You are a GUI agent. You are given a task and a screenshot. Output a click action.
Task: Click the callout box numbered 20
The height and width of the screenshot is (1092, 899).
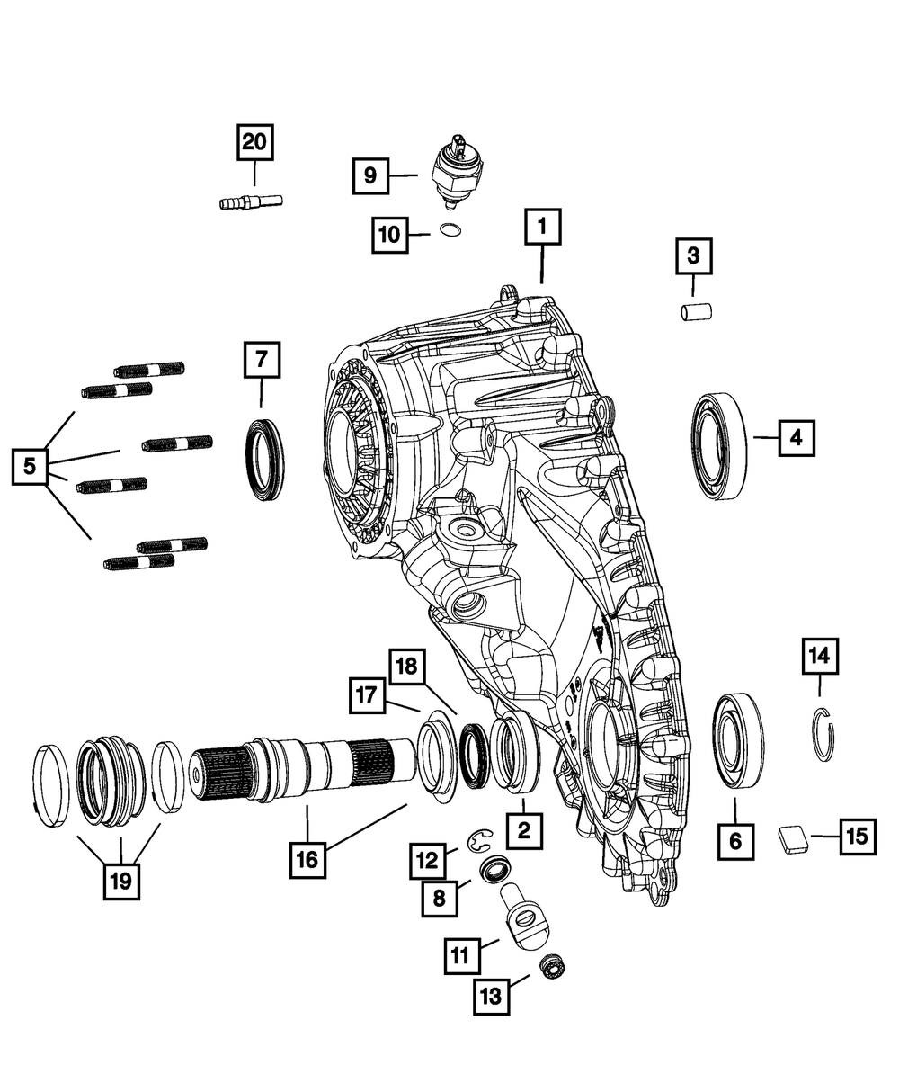click(254, 142)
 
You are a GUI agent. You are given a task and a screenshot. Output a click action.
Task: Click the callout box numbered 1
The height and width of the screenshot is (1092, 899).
click(542, 228)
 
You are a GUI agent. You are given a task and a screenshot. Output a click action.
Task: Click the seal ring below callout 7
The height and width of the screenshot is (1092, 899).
click(265, 460)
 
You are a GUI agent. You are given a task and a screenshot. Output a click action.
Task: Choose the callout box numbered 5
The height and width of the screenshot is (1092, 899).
click(31, 466)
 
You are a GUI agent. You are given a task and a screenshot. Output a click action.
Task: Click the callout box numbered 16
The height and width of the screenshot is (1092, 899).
click(307, 859)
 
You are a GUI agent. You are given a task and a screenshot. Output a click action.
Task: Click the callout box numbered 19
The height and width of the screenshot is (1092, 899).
click(120, 881)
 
